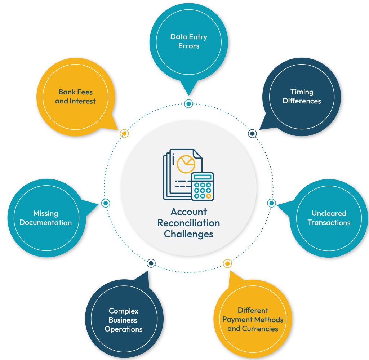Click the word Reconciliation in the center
[x=188, y=223]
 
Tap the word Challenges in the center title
[x=188, y=234]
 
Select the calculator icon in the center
[x=203, y=186]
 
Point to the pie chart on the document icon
[x=186, y=164]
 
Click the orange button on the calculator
[x=209, y=196]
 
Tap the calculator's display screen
[x=203, y=177]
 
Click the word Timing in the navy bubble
[x=302, y=92]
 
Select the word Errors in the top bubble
[x=189, y=46]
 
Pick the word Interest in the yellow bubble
[x=83, y=101]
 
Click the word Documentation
[x=46, y=223]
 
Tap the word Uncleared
[x=329, y=213]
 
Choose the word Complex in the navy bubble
[x=124, y=311]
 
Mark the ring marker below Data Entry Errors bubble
[x=188, y=103]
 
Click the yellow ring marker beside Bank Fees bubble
[x=124, y=133]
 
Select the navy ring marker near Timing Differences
[x=252, y=134]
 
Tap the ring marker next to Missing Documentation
[x=106, y=203]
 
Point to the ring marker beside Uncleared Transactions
[x=271, y=203]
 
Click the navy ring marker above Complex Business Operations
[x=151, y=263]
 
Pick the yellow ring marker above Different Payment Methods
[x=227, y=263]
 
